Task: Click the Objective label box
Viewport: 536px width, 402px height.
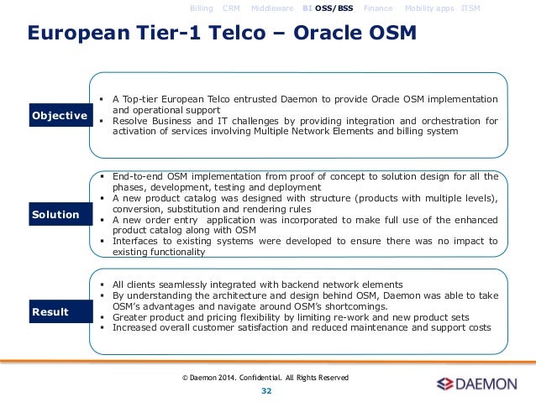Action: (x=60, y=115)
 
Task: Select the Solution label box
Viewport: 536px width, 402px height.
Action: (x=60, y=214)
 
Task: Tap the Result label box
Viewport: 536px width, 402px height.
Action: (x=60, y=311)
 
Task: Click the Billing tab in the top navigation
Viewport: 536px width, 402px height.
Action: (x=202, y=8)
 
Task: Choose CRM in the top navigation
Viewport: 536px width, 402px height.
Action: (x=231, y=8)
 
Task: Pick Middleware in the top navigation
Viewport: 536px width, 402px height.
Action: (x=272, y=8)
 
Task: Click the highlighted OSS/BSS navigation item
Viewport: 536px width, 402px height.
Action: (x=334, y=8)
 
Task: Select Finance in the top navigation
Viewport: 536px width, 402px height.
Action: (x=378, y=8)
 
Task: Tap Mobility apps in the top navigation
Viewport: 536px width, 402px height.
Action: (x=429, y=8)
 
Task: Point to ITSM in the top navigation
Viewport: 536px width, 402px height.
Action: (x=470, y=8)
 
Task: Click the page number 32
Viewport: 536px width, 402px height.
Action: (x=266, y=391)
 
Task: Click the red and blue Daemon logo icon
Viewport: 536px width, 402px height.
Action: (x=444, y=384)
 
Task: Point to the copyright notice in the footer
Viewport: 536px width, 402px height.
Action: (x=265, y=378)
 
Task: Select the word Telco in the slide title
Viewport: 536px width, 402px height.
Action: (x=237, y=33)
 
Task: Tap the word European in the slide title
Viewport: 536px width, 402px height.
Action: (x=79, y=34)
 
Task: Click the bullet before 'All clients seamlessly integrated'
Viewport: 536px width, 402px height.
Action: (x=102, y=285)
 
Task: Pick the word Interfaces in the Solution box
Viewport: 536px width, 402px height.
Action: (x=135, y=241)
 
